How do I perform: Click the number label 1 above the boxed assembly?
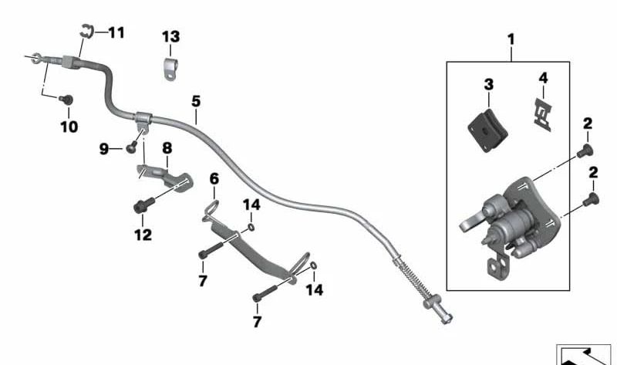click(x=510, y=38)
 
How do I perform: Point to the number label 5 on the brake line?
click(x=196, y=101)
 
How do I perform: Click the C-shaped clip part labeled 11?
click(x=86, y=32)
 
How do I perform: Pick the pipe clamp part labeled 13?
click(x=170, y=67)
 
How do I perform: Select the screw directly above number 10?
click(x=66, y=100)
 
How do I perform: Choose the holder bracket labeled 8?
click(x=164, y=174)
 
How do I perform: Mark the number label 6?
click(x=214, y=179)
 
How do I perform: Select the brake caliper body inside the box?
click(x=509, y=220)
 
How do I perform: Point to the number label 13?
click(x=170, y=36)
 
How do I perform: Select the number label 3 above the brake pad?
click(x=488, y=83)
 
